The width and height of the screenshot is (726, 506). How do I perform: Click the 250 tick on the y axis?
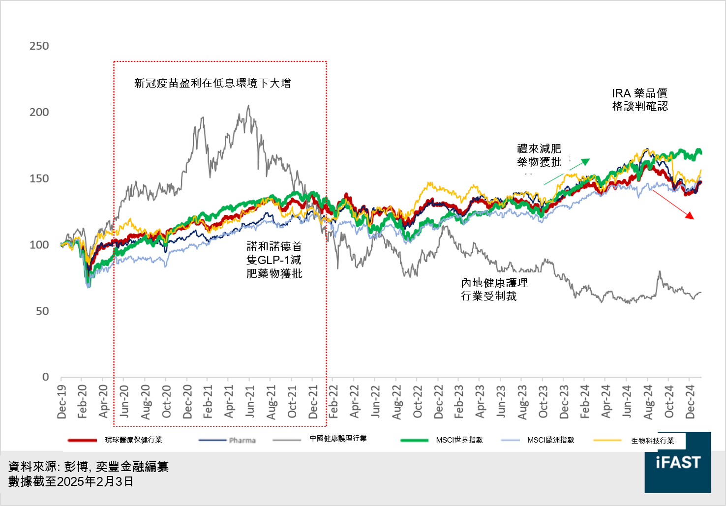(x=39, y=46)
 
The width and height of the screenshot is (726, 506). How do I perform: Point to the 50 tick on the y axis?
(x=42, y=311)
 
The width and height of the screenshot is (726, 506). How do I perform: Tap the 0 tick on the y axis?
(x=45, y=377)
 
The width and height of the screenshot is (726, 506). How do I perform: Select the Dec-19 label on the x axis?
(x=61, y=402)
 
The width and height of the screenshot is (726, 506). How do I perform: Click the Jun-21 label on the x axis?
(x=250, y=402)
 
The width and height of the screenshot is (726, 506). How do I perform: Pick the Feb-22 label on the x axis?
(x=333, y=402)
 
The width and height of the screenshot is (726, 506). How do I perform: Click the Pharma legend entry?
(x=242, y=440)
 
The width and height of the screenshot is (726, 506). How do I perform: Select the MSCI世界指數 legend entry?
(x=459, y=440)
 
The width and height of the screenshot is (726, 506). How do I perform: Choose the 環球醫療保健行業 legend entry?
(x=133, y=440)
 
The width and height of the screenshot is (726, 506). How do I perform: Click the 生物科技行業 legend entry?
(x=652, y=441)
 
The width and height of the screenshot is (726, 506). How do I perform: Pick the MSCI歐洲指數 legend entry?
(x=550, y=440)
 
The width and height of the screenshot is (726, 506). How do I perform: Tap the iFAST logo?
(x=677, y=462)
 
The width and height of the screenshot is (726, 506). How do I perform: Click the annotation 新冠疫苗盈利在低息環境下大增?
(x=212, y=83)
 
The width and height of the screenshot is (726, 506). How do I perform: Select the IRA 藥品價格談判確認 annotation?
(x=639, y=100)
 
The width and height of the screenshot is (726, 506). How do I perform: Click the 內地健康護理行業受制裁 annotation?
(x=494, y=289)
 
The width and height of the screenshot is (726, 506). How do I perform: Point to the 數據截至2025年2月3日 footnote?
(x=71, y=481)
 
